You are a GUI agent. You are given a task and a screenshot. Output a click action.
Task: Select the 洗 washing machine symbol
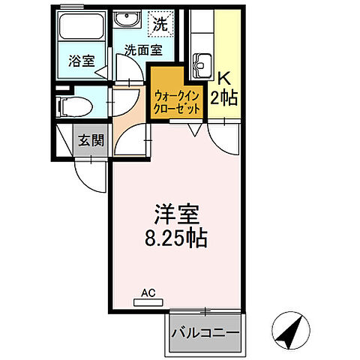point(160,23)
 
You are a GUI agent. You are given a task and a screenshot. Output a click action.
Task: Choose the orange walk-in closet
point(178,93)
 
